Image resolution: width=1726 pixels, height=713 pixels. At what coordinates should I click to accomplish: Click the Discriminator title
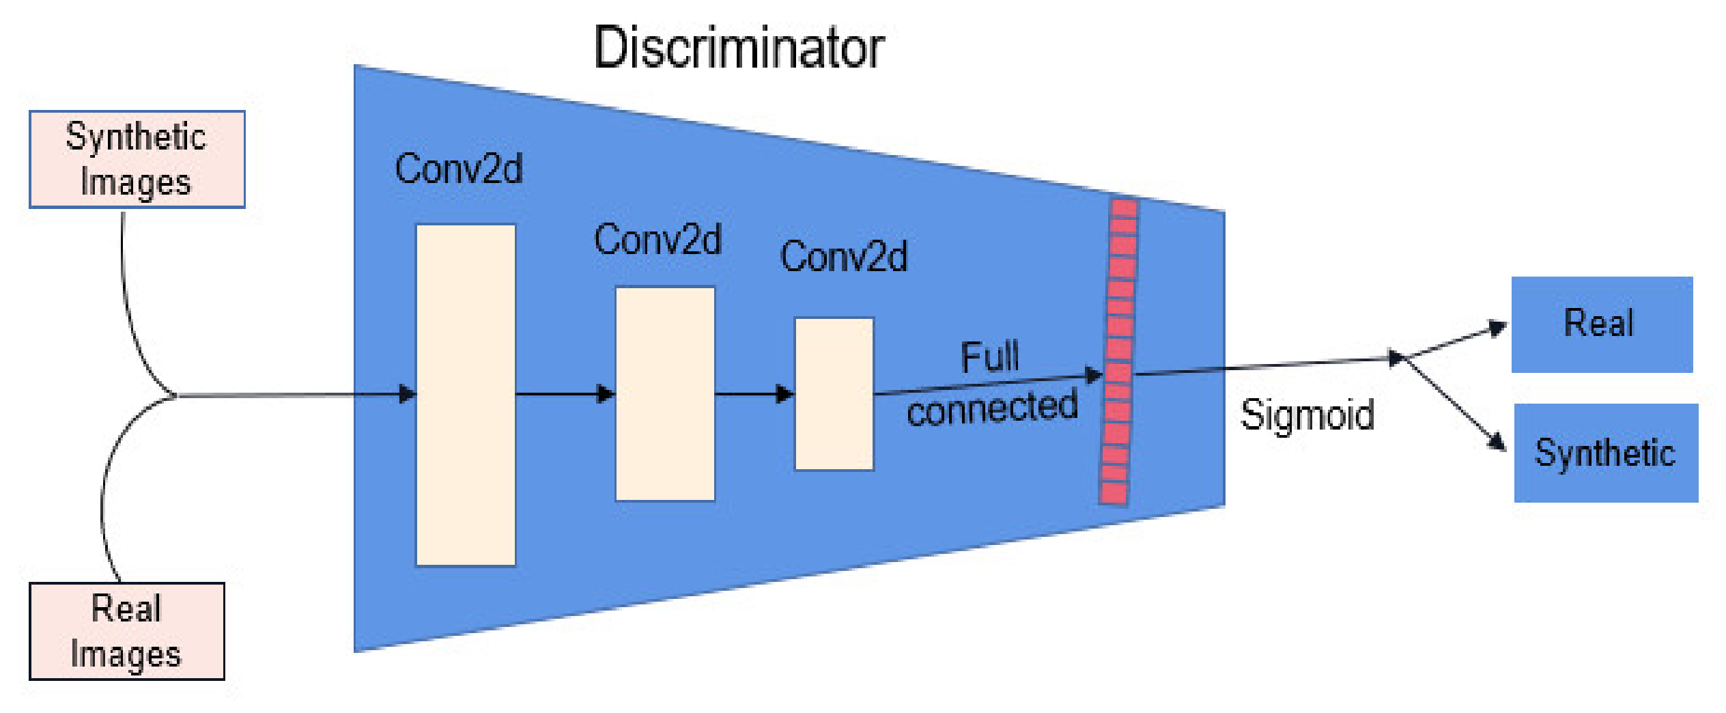pyautogui.click(x=739, y=48)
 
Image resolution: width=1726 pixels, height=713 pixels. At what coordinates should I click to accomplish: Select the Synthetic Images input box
pyautogui.click(x=137, y=159)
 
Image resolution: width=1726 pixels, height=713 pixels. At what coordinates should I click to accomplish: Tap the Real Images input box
pyautogui.click(x=126, y=631)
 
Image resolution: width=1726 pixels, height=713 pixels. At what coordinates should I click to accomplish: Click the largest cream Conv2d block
pyautogui.click(x=465, y=395)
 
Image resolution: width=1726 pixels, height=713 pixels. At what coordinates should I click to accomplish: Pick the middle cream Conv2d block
pyautogui.click(x=664, y=393)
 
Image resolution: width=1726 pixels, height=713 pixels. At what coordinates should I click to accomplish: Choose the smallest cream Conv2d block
pyautogui.click(x=834, y=393)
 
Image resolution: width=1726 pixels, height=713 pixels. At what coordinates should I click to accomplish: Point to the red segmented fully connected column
pyautogui.click(x=1118, y=352)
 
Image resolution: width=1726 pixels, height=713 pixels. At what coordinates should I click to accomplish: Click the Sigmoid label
pyautogui.click(x=1307, y=415)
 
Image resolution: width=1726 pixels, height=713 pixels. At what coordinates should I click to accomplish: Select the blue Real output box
pyautogui.click(x=1601, y=324)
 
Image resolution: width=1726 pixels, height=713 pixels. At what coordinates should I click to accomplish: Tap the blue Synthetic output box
pyautogui.click(x=1605, y=453)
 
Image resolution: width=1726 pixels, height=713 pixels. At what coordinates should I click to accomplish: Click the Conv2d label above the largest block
pyautogui.click(x=459, y=169)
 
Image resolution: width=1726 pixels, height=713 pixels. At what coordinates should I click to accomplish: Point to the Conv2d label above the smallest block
pyautogui.click(x=844, y=256)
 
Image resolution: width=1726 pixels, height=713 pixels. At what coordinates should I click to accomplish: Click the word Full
pyautogui.click(x=989, y=356)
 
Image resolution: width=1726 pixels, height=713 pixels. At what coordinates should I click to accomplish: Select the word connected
pyautogui.click(x=992, y=408)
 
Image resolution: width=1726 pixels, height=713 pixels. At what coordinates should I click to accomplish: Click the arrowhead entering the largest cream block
pyautogui.click(x=408, y=394)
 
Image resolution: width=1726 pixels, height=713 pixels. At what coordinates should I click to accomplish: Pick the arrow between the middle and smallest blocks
pyautogui.click(x=754, y=394)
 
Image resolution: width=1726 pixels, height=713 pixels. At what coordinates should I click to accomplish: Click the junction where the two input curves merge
pyautogui.click(x=173, y=395)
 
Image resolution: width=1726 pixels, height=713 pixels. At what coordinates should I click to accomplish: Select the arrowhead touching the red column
pyautogui.click(x=1094, y=375)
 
